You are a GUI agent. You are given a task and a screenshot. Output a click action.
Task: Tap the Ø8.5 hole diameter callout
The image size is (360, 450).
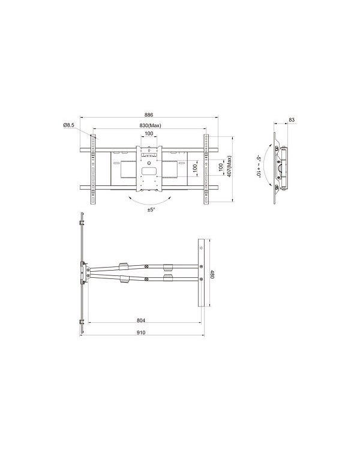pos(68,125)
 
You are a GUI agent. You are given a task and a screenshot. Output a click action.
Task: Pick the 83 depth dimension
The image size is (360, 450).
pos(292,120)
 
